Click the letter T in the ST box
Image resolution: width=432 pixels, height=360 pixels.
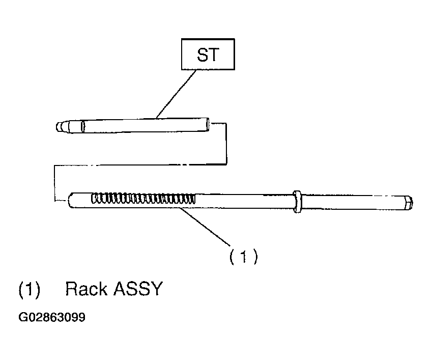[x=216, y=55]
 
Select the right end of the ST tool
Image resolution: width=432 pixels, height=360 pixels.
[x=208, y=123]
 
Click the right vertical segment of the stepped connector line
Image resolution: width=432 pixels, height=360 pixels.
[x=226, y=143]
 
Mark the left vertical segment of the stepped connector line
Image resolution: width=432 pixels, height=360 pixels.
[x=54, y=183]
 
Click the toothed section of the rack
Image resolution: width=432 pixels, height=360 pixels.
[x=142, y=199]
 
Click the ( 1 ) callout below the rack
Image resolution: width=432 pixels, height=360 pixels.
[x=243, y=257]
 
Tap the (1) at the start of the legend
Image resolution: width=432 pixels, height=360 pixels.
[x=29, y=289]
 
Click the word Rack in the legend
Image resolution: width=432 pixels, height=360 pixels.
[x=86, y=289]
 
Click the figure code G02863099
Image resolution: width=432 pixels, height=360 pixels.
[x=52, y=318]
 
